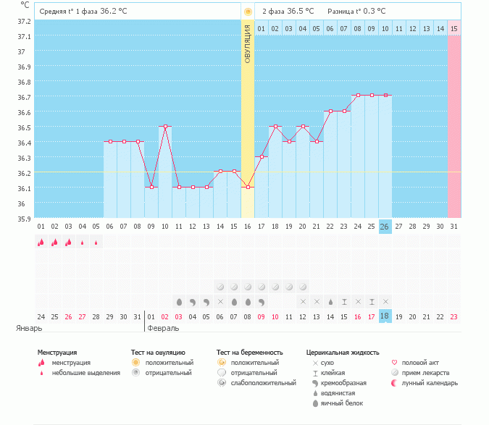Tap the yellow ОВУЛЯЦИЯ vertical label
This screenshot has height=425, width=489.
pos(248,43)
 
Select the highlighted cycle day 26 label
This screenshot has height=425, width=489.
pos(385,227)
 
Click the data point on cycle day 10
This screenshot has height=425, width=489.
pos(166,127)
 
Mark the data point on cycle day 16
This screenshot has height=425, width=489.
pos(248,188)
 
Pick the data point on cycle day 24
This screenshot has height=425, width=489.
pos(358,95)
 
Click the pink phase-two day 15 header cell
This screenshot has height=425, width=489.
pos(454,28)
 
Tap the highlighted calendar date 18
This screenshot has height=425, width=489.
pos(385,316)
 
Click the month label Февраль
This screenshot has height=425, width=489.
pos(163,328)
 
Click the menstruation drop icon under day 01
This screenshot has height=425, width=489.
pos(41,243)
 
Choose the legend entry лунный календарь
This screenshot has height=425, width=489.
pos(428,382)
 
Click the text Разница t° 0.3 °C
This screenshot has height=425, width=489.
pos(356,12)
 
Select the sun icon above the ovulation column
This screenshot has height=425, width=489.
pos(248,12)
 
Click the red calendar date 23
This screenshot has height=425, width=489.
pos(454,316)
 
